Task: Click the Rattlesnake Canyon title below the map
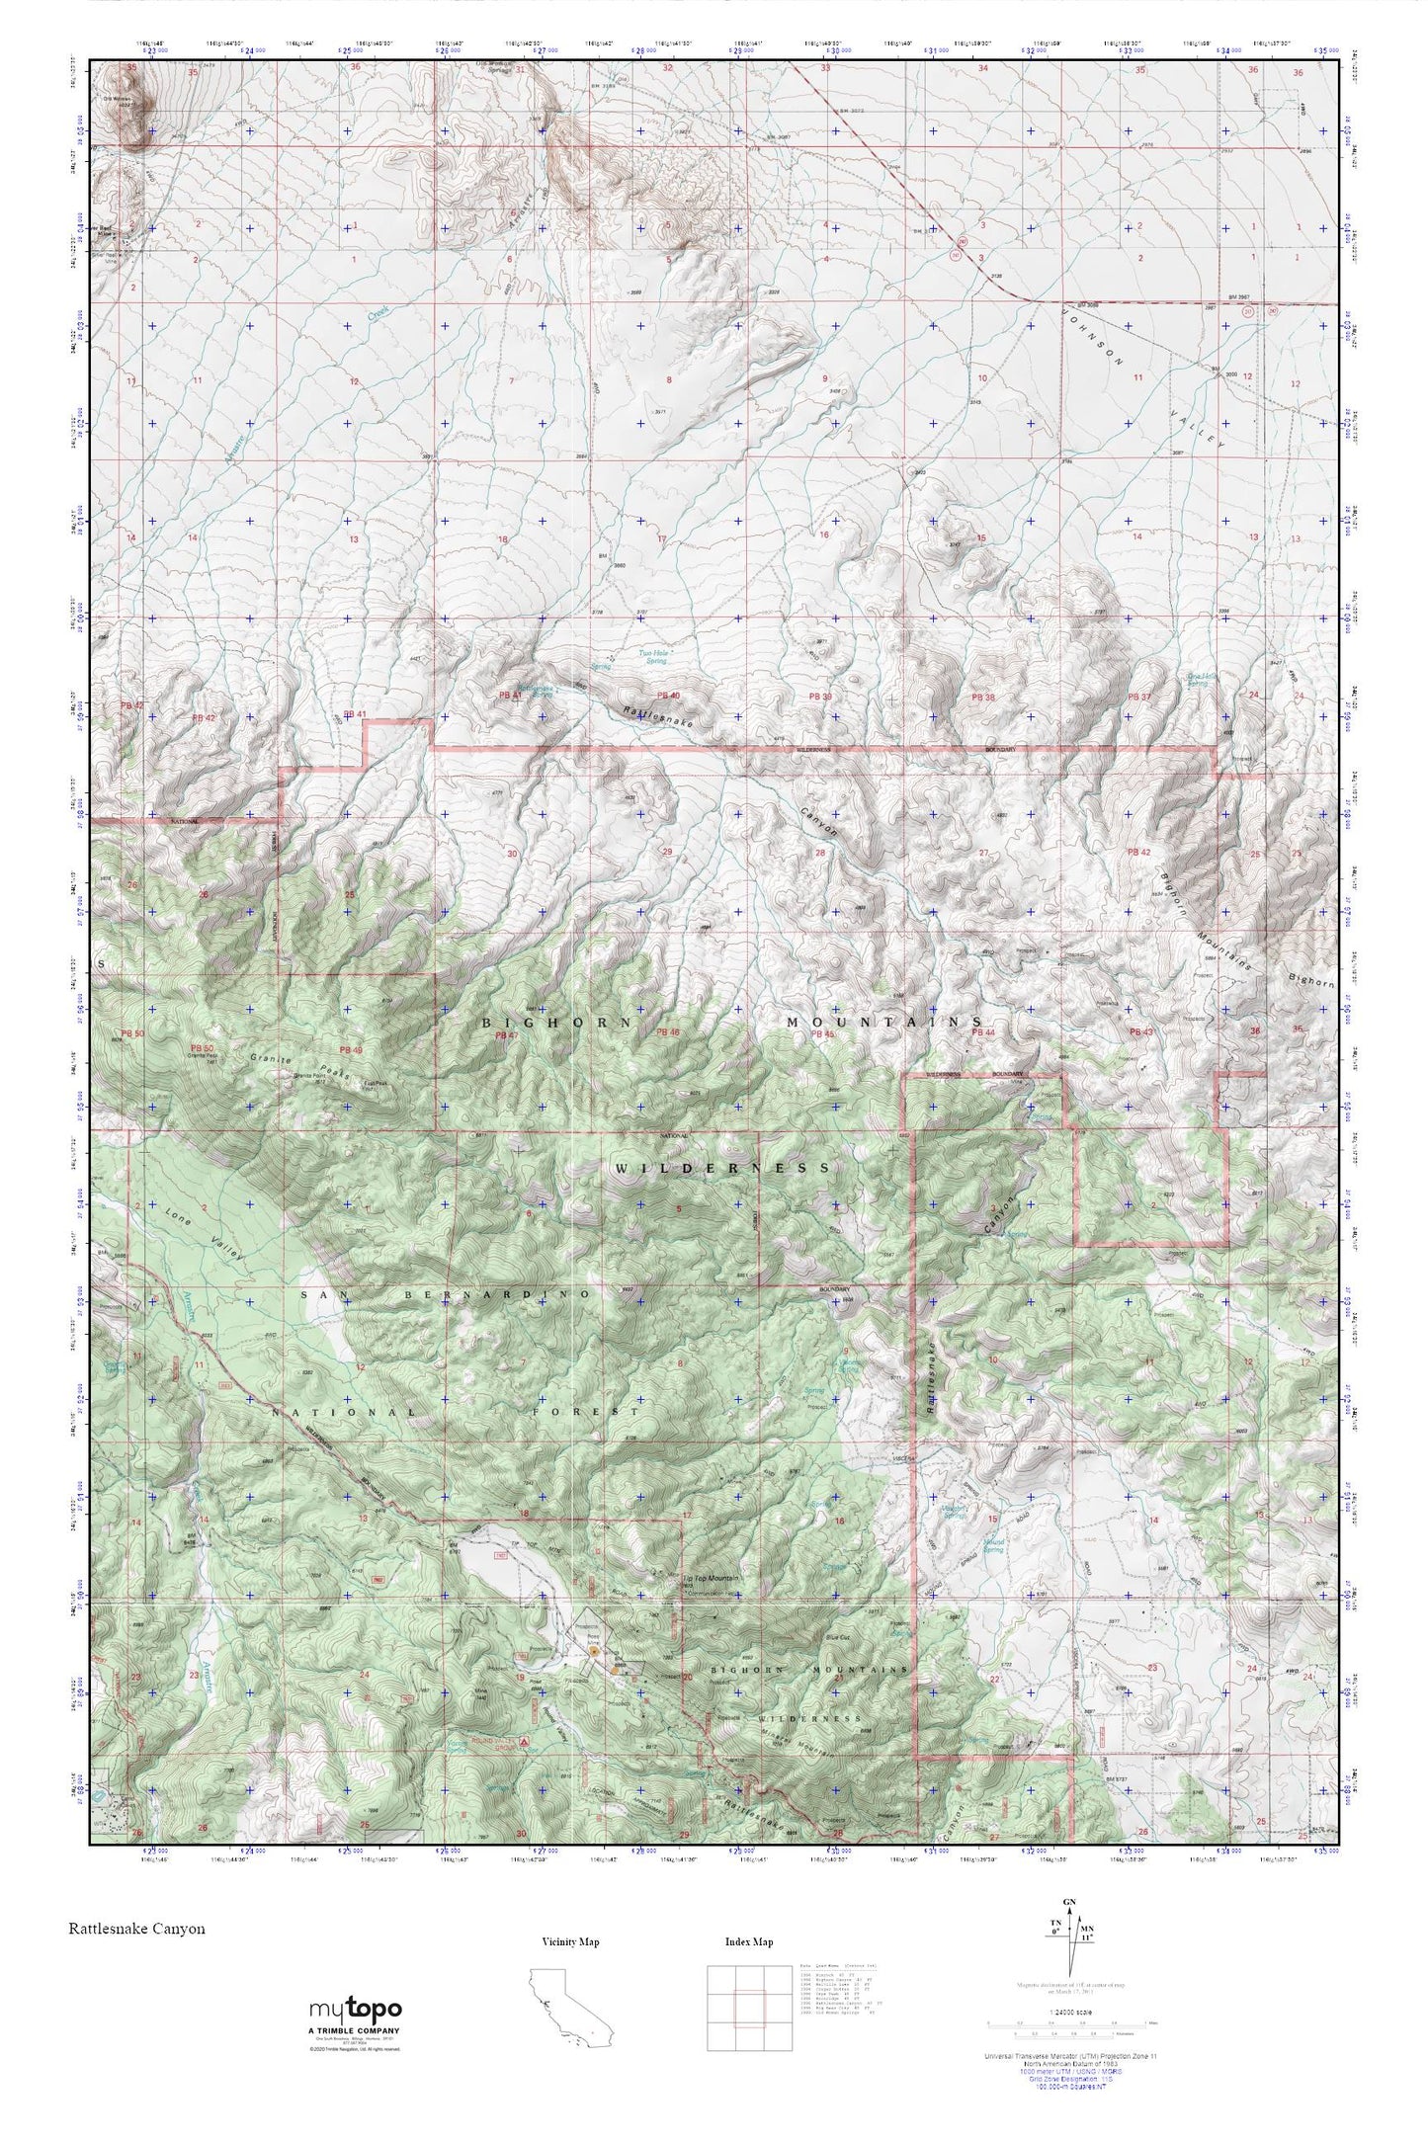coord(137,1928)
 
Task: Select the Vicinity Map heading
coord(571,1941)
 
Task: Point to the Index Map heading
coord(749,1941)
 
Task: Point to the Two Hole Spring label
coord(653,656)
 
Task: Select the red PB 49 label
coord(352,1049)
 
